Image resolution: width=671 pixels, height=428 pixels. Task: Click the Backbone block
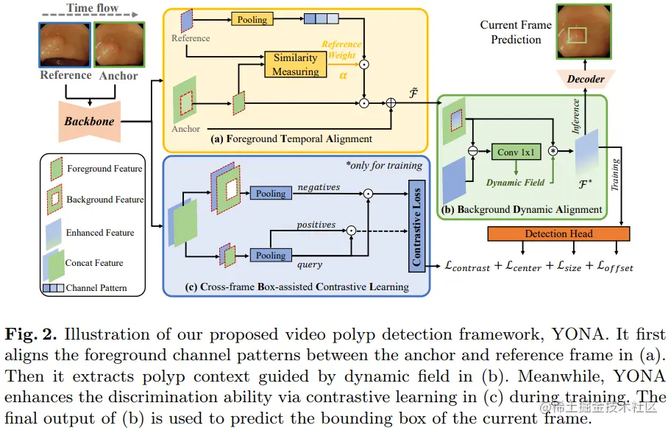point(88,122)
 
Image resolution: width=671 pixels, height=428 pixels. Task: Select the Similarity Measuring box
point(295,65)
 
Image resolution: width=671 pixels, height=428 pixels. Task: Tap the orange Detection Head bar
point(558,234)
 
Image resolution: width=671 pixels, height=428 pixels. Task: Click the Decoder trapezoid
point(586,79)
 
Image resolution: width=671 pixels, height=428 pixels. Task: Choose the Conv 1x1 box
point(517,152)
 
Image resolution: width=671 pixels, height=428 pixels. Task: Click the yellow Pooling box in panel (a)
point(252,20)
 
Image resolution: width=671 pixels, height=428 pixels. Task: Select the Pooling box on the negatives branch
point(270,193)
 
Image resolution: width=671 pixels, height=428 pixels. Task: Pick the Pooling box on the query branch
point(270,255)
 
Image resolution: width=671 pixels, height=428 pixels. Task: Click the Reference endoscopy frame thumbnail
point(65,46)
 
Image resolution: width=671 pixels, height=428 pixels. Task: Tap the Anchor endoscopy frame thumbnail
point(118,46)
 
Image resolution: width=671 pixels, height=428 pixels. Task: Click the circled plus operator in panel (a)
point(391,104)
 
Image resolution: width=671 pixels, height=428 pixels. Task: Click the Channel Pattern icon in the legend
point(53,287)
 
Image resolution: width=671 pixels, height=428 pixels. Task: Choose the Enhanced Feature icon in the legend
point(54,232)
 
